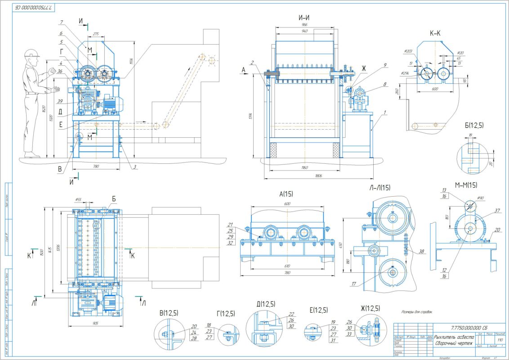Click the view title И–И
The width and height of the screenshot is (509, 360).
(304, 18)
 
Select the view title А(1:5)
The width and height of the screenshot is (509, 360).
(286, 194)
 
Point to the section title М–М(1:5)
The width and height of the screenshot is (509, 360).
(466, 185)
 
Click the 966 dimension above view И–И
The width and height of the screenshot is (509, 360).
(304, 26)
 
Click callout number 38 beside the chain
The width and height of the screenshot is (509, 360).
(421, 252)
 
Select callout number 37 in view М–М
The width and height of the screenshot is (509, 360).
(497, 210)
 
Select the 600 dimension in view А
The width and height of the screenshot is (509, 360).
(287, 203)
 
